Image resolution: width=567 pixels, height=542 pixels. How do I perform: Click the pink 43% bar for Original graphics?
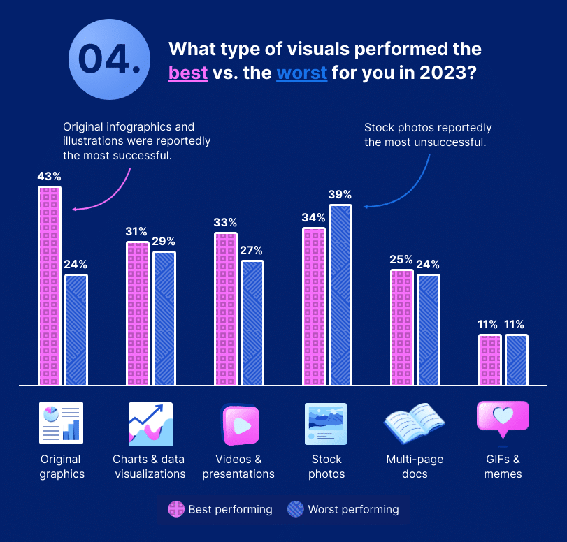(50, 286)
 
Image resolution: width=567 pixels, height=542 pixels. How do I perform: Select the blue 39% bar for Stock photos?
(340, 295)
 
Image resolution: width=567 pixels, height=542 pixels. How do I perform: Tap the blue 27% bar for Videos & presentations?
(252, 323)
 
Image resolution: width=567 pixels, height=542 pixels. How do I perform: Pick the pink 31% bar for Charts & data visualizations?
(138, 314)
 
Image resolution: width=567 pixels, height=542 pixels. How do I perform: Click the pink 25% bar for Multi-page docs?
(401, 327)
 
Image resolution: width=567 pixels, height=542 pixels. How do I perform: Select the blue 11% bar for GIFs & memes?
(517, 360)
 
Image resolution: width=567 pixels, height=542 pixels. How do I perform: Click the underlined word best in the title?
(188, 72)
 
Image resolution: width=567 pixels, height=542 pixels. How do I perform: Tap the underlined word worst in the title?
(302, 72)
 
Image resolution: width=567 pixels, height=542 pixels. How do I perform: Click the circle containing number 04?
(108, 59)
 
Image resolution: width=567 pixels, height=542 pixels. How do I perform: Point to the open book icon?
(414, 423)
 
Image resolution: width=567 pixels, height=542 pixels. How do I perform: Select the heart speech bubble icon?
(502, 420)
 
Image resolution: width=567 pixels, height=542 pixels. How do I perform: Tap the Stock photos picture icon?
(326, 424)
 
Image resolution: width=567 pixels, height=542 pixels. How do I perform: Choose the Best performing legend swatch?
(175, 509)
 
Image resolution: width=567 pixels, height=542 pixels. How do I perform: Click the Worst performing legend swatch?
(296, 509)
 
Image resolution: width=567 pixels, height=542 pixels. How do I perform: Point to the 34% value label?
(313, 217)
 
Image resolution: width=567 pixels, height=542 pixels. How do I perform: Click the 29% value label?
(164, 240)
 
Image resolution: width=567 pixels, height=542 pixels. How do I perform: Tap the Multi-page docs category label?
(415, 467)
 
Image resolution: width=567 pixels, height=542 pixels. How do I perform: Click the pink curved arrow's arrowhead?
(76, 208)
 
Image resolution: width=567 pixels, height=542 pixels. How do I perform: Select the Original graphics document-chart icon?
(61, 423)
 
